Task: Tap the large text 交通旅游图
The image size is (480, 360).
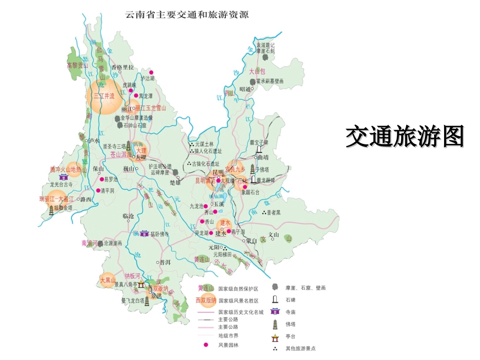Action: [405, 136]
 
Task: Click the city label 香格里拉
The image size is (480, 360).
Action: [122, 68]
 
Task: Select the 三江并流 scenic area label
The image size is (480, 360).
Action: [103, 96]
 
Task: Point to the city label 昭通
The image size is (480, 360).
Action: [245, 89]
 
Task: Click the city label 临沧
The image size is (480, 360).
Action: [128, 216]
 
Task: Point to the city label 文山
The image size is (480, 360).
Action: [273, 235]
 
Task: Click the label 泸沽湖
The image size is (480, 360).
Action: [148, 78]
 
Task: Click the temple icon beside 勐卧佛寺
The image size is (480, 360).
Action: [145, 233]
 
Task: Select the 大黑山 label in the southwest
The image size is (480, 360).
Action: [108, 279]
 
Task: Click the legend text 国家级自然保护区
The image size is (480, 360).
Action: [238, 289]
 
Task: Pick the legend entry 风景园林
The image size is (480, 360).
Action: [228, 345]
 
